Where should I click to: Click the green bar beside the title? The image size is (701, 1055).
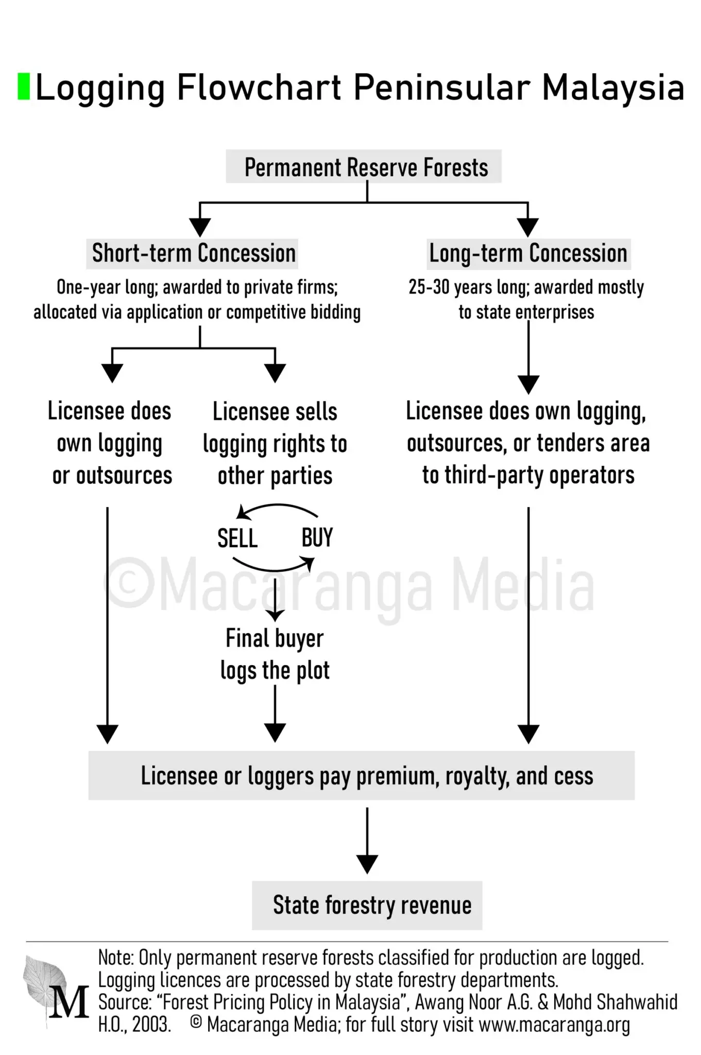click(x=24, y=87)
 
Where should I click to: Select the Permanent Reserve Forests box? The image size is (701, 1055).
click(x=364, y=166)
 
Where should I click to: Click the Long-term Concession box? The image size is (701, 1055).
click(x=528, y=253)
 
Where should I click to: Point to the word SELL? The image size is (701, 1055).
click(x=237, y=538)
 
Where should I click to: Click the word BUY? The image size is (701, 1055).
click(x=317, y=538)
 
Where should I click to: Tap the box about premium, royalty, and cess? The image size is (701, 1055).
click(x=362, y=775)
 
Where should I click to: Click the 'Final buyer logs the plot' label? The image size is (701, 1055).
click(x=275, y=655)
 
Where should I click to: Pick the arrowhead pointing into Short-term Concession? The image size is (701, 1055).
click(x=200, y=227)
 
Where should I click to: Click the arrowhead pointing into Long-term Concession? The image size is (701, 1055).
click(x=528, y=227)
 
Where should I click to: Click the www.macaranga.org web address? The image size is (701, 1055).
click(x=554, y=1025)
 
